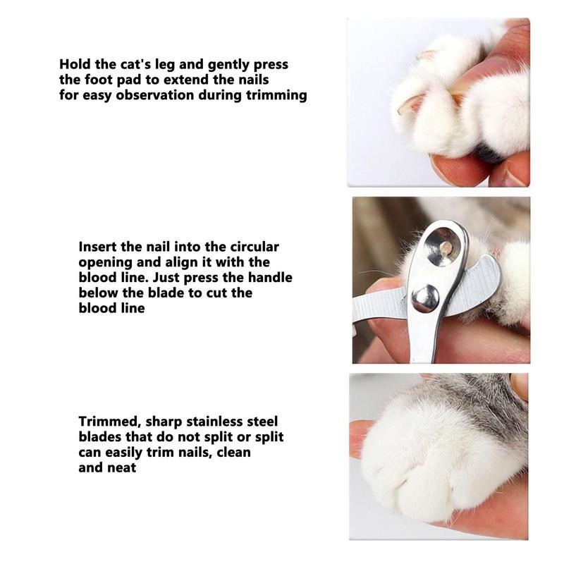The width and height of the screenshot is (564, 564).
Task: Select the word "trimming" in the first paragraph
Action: [276, 96]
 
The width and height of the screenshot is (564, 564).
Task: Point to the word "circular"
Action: [255, 247]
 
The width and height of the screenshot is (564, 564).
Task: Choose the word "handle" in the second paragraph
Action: [270, 277]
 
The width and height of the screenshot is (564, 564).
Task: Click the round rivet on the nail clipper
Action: [426, 298]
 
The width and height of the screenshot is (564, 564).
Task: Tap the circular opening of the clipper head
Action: [443, 247]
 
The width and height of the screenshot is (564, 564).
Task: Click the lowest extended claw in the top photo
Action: [410, 104]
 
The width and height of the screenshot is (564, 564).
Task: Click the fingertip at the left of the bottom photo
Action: [360, 438]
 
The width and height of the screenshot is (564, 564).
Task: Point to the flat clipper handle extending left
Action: [381, 305]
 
